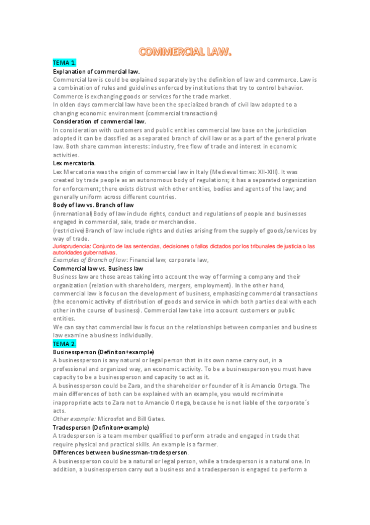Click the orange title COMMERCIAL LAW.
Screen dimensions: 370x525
(185, 52)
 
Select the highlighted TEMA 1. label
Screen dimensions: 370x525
(64, 63)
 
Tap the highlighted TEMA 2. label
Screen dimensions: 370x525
(64, 344)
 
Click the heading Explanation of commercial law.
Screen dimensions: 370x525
(96, 72)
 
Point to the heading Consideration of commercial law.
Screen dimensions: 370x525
(99, 121)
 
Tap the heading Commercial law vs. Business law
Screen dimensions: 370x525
(98, 269)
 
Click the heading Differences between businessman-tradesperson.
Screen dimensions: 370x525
(120, 453)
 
